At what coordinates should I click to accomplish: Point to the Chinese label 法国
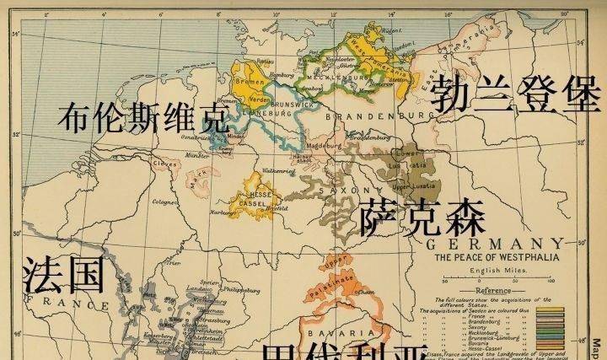pos(63,275)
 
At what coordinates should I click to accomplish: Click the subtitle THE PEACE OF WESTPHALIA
pos(493,258)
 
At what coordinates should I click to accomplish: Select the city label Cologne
pos(161,201)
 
